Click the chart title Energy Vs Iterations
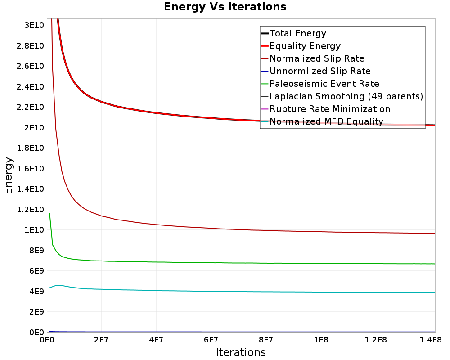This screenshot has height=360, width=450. tap(225, 7)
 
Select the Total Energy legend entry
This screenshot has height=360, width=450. tap(293, 33)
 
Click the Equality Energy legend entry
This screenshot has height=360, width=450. tap(301, 46)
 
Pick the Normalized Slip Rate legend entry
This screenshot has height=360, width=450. tap(313, 58)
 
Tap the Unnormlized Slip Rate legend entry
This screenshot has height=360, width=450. tap(316, 71)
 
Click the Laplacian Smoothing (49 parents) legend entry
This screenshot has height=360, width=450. tap(342, 96)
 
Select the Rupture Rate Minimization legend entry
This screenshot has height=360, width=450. tap(326, 109)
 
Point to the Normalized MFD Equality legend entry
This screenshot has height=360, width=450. tap(322, 121)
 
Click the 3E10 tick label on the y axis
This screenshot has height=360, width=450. tap(34, 25)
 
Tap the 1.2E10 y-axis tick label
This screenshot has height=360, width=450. tap(31, 209)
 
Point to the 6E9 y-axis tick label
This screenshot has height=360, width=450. tap(36, 271)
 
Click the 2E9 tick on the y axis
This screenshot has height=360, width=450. tap(36, 312)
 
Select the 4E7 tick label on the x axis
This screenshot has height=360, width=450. tap(156, 340)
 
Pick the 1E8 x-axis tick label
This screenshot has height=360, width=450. tap(321, 340)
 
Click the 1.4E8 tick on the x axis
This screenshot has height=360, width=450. tap(431, 340)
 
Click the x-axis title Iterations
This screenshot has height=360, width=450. tap(241, 352)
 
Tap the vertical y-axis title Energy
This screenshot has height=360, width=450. tap(8, 175)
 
